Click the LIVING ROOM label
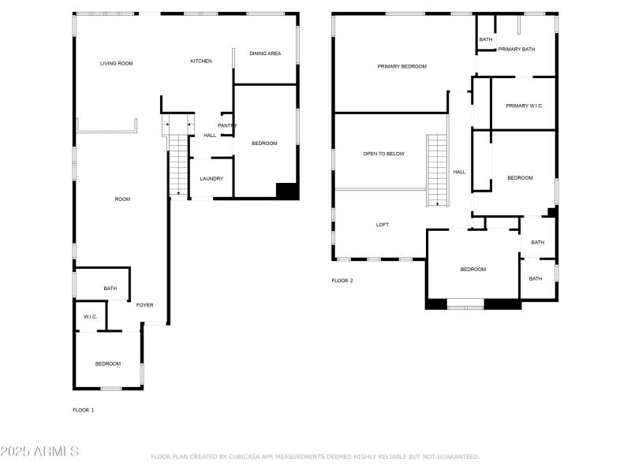(x=116, y=63)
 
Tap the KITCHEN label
(x=201, y=61)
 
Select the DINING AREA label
(x=264, y=54)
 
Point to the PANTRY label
(x=227, y=125)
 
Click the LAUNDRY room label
(x=211, y=178)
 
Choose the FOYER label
(x=144, y=305)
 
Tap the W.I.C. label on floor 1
(x=90, y=316)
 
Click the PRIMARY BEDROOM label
(x=401, y=66)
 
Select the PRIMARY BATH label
(x=517, y=49)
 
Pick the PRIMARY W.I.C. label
(x=525, y=106)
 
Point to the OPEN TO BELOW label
(x=383, y=154)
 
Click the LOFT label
(x=383, y=225)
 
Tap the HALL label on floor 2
(x=459, y=172)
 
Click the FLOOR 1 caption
(x=84, y=410)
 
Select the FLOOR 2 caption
(x=342, y=281)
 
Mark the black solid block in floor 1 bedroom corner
(x=286, y=191)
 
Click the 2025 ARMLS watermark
(x=39, y=452)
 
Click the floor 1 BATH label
(x=110, y=289)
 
